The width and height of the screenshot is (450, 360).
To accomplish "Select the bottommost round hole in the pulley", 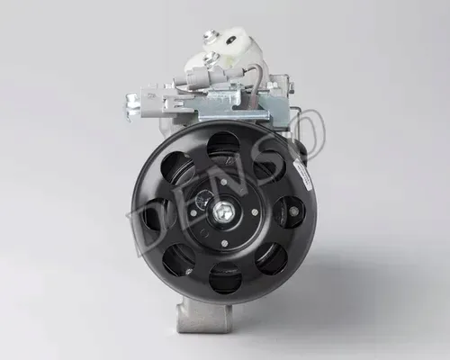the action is pos(226,278).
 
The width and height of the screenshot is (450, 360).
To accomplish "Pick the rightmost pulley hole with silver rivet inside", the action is pos(289,212).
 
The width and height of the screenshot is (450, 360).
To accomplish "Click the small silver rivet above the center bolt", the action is pos(223,182).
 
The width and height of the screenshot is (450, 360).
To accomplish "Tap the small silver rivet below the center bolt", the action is pos(224,243).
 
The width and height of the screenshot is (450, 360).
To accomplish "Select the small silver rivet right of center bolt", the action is pos(255,212).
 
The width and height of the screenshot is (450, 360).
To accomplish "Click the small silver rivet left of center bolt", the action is pos(193,213).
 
